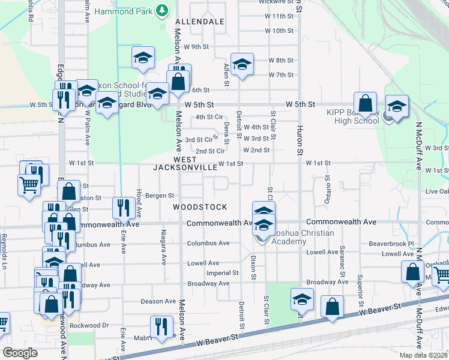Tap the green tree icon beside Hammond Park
[x=161, y=10]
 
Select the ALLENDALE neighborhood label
[x=200, y=22]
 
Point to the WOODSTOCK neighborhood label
[x=200, y=207]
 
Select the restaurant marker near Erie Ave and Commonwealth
[x=124, y=208]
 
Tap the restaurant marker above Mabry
[x=160, y=326]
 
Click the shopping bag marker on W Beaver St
[x=332, y=307]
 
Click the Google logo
[x=20, y=353]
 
